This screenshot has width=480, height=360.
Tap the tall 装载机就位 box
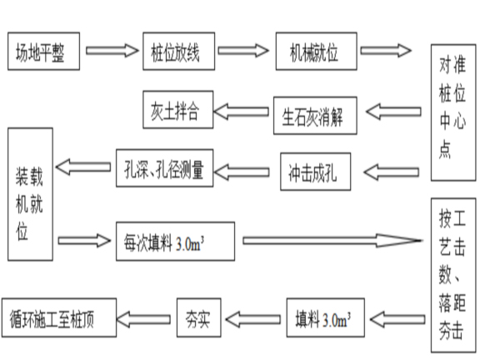click(32, 197)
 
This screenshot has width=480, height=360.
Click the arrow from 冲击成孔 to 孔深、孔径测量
click(249, 172)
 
